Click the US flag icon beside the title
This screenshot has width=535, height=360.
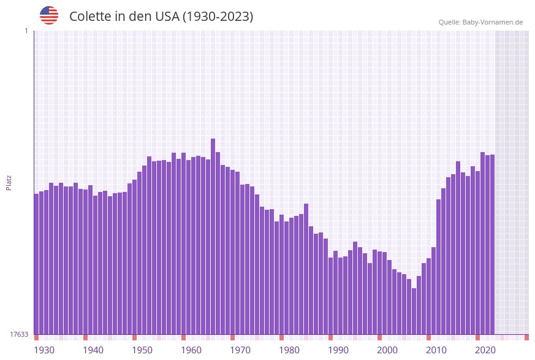pos(49,15)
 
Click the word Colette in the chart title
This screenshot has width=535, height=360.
pos(89,17)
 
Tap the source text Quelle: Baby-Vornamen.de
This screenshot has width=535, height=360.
pos(480,22)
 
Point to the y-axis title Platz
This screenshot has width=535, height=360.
pos(9,182)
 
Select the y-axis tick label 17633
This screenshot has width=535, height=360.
pos(19,334)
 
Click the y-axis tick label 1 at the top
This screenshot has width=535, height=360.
pos(26,31)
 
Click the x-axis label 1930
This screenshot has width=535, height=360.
pos(44,350)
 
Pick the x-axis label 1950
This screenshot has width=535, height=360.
pos(142,350)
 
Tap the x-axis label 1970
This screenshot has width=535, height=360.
pos(240,350)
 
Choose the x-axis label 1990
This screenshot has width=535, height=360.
pos(338,350)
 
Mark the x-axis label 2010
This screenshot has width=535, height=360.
pos(436,350)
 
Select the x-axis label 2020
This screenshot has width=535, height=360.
pos(485,350)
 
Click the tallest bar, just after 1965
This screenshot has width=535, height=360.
pos(213,236)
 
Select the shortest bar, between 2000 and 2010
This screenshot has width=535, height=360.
pos(414,311)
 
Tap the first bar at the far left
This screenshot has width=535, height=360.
pos(36,264)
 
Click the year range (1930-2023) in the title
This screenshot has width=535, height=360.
pos(218,17)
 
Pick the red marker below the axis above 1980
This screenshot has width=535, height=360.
pos(281,337)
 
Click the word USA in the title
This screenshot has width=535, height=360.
pos(167,17)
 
